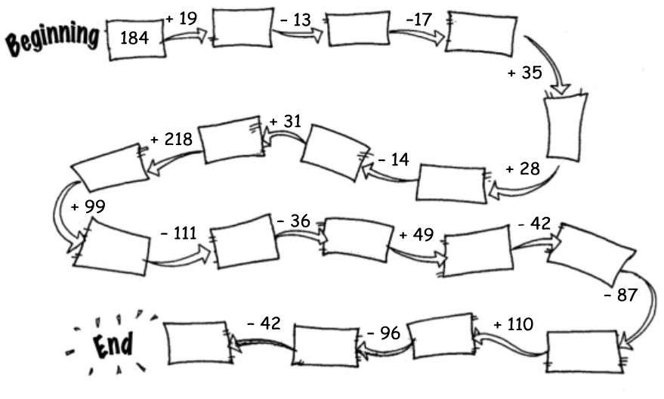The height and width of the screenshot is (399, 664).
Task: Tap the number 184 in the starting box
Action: (x=137, y=37)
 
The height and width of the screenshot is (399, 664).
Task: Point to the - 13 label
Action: (x=295, y=20)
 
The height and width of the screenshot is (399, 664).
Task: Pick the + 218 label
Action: (x=171, y=139)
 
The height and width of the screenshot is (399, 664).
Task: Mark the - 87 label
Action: (x=621, y=295)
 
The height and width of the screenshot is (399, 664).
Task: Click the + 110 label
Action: (x=513, y=325)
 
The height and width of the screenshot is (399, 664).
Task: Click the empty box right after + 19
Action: (x=242, y=28)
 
